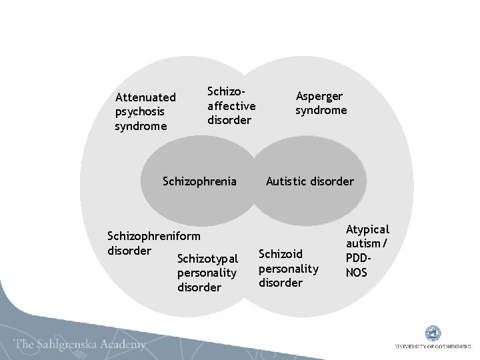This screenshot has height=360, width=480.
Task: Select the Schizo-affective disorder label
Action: (x=231, y=105)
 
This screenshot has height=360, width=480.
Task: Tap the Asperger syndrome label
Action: (x=321, y=103)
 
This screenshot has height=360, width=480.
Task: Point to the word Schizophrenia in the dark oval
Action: (x=199, y=181)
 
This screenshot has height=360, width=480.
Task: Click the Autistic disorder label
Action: (x=310, y=181)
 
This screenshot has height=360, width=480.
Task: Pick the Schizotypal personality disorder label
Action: (x=207, y=273)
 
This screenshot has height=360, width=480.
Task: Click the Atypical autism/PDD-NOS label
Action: (x=367, y=251)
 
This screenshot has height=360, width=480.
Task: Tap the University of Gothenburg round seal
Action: (x=431, y=333)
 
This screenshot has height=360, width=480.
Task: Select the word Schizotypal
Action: (x=207, y=259)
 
